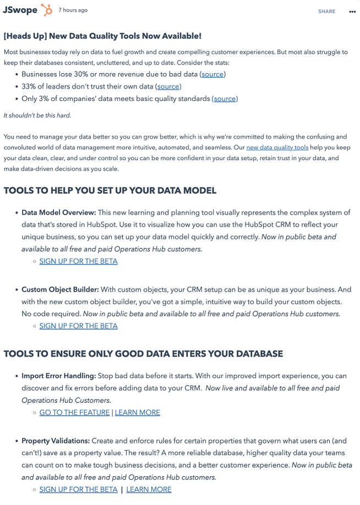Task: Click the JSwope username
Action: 20,10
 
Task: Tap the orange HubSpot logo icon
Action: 47,10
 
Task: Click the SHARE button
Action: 326,12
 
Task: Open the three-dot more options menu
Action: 352,12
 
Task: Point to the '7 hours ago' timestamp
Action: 73,10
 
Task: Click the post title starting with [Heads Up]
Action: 102,36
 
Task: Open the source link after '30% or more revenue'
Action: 212,74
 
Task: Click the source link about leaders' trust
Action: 168,86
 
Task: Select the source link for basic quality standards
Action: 225,99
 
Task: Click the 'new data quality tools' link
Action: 277,148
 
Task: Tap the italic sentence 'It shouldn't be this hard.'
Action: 37,116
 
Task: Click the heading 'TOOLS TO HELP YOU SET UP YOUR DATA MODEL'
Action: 110,191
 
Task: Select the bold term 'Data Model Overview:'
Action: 59,213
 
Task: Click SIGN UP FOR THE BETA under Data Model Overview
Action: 78,261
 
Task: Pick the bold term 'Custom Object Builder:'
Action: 60,290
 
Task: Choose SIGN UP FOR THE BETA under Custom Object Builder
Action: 78,326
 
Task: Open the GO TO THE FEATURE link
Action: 74,413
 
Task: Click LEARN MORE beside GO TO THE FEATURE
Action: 138,413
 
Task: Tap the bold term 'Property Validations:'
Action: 56,441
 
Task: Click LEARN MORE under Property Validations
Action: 149,490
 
